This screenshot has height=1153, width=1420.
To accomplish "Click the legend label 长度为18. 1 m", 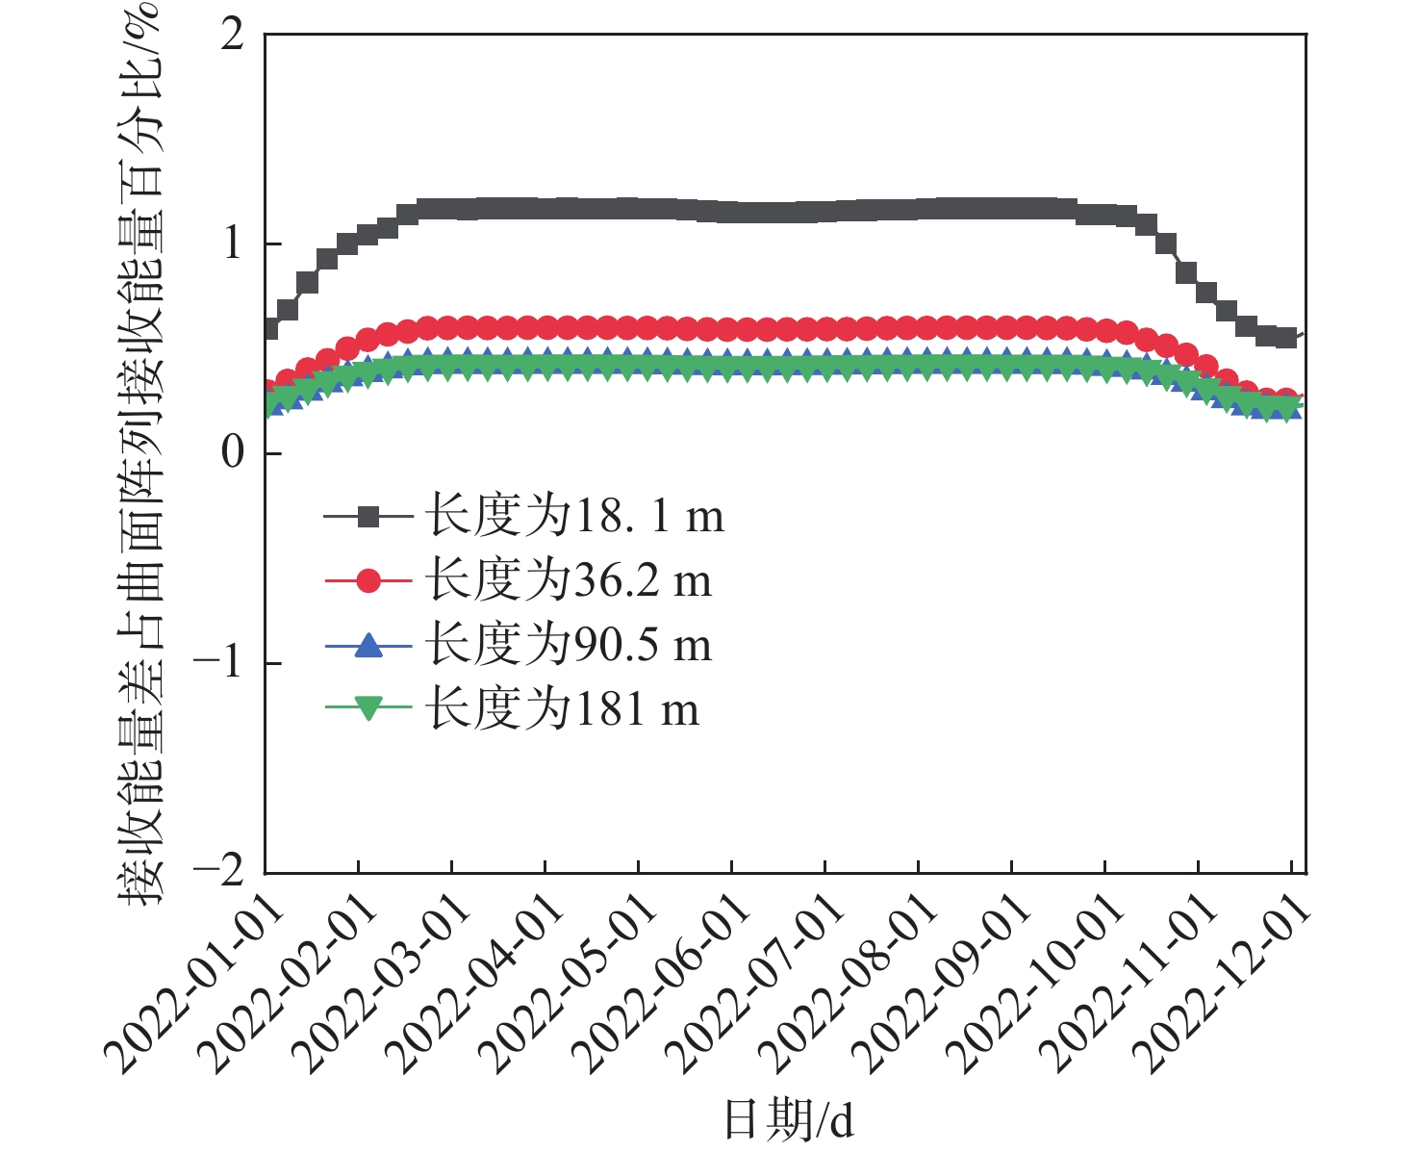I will [574, 517].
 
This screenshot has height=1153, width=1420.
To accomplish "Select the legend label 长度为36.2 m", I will [569, 580].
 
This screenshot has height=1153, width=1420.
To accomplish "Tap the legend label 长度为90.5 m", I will [569, 645].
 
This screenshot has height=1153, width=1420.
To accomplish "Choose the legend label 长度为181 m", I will [563, 709].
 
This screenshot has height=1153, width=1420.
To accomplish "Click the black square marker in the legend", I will [368, 517].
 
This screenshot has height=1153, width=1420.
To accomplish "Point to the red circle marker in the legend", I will [368, 580].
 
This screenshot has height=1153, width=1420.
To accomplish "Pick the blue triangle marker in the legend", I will [368, 645].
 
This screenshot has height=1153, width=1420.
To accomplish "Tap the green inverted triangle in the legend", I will [368, 709].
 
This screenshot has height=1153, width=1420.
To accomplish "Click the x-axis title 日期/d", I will [788, 1120].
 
